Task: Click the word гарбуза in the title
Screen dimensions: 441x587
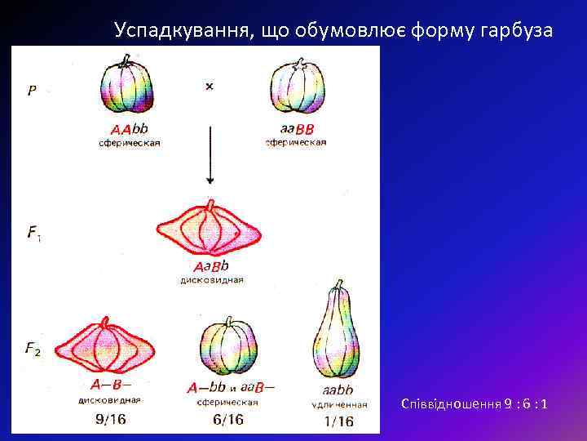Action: [516, 30]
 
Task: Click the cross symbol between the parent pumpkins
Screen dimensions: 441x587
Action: [210, 86]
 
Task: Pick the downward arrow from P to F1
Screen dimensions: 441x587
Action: [210, 155]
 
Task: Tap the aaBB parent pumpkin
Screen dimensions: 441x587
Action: [297, 88]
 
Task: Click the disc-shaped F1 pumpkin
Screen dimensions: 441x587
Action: [210, 230]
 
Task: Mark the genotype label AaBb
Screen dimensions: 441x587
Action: [210, 267]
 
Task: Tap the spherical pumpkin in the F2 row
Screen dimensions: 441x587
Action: [228, 347]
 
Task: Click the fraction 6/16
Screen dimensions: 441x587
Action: [227, 420]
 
